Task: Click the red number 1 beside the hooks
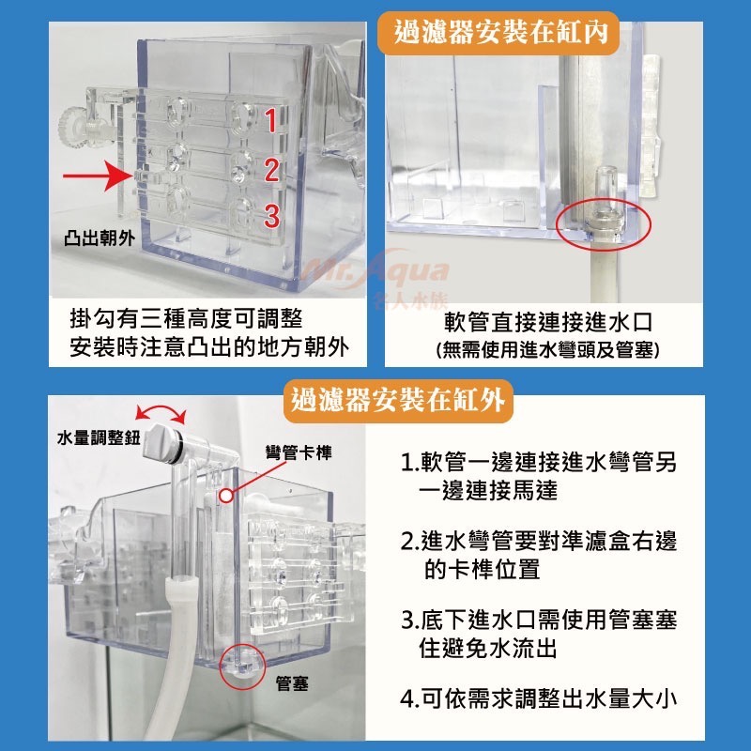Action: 270,120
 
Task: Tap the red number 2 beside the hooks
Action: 270,170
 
